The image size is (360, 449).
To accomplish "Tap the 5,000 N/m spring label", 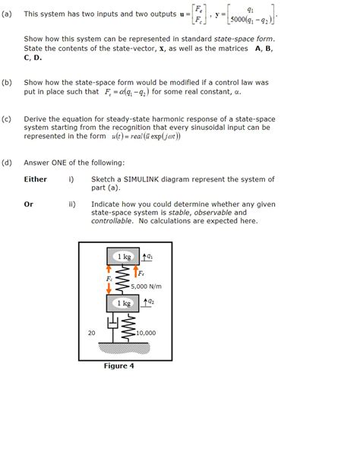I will [146, 286].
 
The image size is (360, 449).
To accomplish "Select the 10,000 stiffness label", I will [146, 333].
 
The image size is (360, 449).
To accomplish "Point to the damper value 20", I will [91, 333].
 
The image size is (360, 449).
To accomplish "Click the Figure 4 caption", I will [118, 365].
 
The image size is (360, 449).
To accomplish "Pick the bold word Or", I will [29, 204].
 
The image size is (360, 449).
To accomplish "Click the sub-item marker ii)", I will [71, 204].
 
